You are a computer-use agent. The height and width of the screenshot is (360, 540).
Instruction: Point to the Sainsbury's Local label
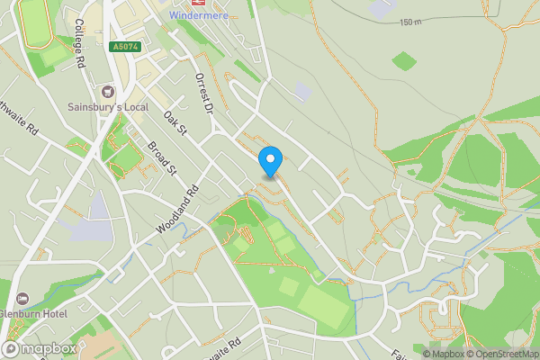(108, 106)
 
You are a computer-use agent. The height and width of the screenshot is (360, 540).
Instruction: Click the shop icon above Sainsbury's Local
(108, 91)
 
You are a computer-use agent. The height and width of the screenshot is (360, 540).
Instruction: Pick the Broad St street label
(165, 159)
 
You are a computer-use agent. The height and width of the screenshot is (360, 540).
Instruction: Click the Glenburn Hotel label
(32, 313)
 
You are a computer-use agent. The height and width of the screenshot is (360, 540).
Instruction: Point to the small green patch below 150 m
(404, 60)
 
